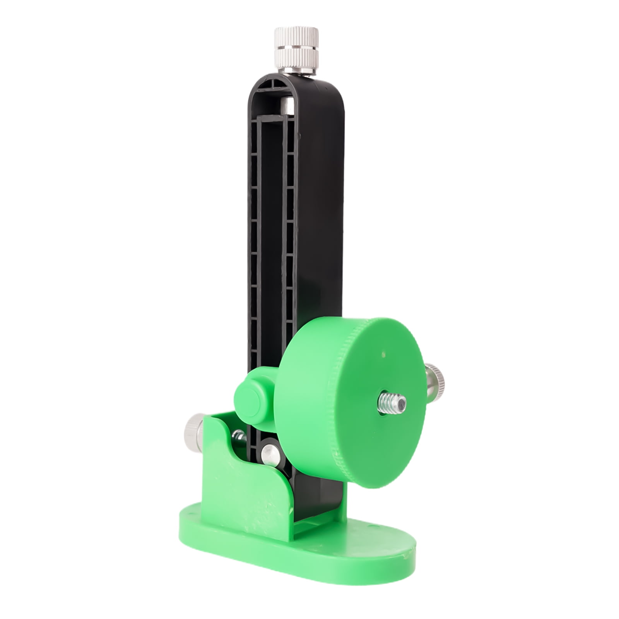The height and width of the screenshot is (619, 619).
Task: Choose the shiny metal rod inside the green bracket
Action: point(239,437)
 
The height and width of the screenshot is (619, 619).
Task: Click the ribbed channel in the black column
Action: point(271,232)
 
